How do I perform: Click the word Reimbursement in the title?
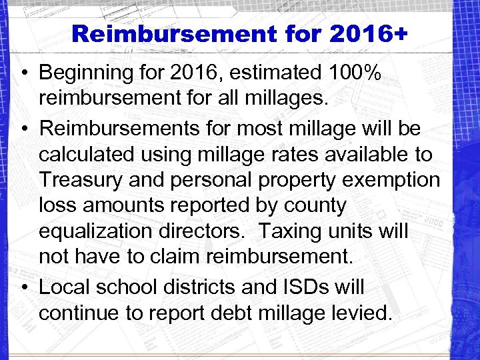175,34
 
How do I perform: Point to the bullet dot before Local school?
23,287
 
